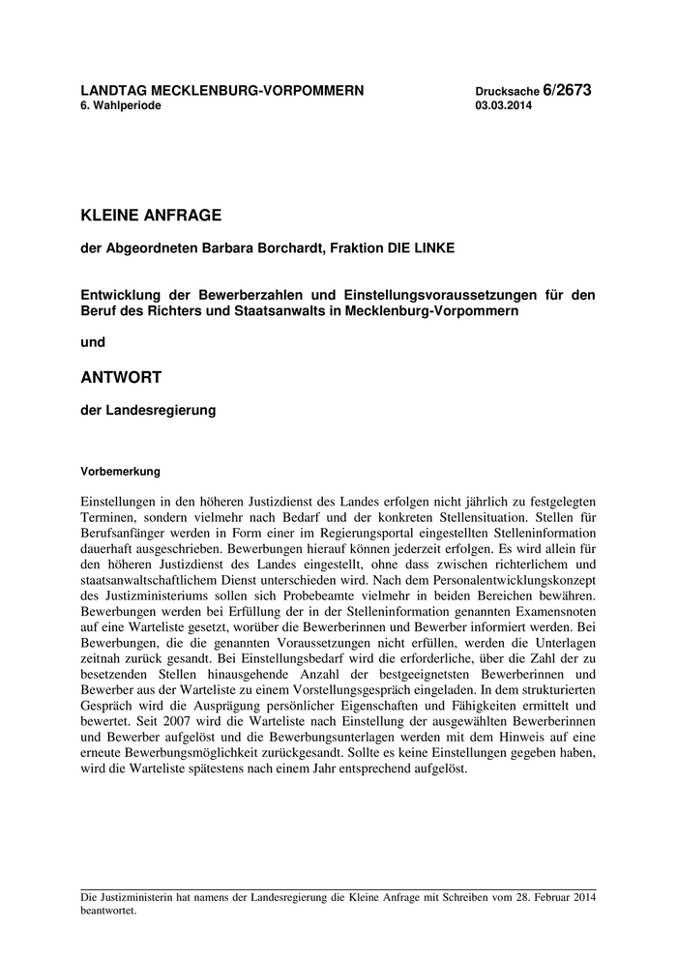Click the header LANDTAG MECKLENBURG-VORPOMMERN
coord(222,90)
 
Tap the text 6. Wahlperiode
coord(121,105)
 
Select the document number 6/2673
coord(567,90)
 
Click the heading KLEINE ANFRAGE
coord(152,214)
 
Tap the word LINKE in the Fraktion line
coord(430,248)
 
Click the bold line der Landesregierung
coord(148,410)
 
